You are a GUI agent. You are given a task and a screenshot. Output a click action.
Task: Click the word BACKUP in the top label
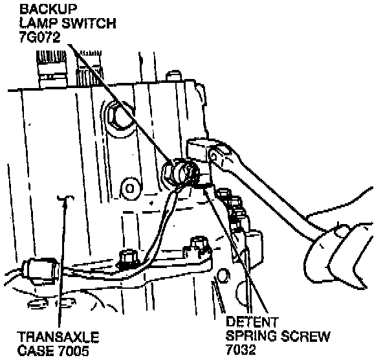click(48, 9)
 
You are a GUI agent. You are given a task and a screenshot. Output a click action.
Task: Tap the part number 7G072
click(40, 37)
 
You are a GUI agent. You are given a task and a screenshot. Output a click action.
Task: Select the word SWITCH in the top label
click(89, 23)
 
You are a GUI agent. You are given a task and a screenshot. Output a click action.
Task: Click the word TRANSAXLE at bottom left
click(58, 337)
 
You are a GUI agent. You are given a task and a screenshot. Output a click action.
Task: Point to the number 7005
click(73, 351)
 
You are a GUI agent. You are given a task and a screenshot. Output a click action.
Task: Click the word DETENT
click(252, 322)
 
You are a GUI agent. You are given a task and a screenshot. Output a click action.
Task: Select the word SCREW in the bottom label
click(305, 336)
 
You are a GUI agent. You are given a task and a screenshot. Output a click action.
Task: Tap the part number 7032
click(241, 350)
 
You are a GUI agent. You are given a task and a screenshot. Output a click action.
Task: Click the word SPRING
click(252, 336)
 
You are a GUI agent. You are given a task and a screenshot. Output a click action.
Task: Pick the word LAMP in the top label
click(40, 23)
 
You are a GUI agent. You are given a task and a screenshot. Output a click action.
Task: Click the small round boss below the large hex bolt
click(130, 188)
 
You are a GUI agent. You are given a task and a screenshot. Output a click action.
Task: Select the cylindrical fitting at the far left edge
click(40, 271)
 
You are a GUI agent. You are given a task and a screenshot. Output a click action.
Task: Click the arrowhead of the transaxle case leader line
click(65, 203)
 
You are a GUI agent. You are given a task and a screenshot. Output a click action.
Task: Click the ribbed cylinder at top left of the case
click(52, 69)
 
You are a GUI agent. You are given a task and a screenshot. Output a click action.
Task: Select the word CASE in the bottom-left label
click(36, 351)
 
